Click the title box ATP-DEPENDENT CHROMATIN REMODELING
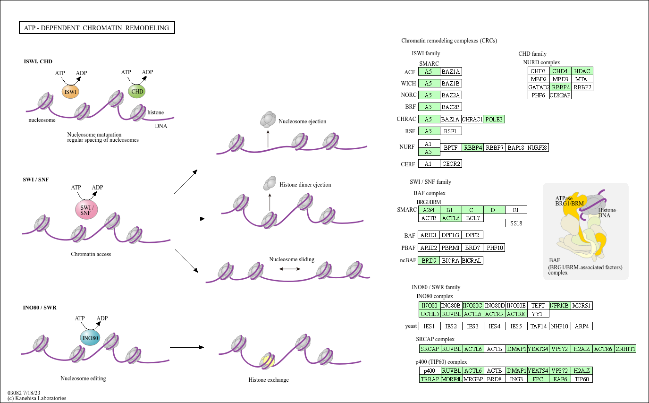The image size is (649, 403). click(96, 28)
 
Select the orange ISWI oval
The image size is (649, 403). click(70, 92)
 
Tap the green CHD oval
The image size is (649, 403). click(137, 91)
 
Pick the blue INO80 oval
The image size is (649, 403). click(90, 338)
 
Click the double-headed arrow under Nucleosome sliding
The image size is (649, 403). click(290, 268)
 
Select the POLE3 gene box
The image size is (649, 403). click(494, 119)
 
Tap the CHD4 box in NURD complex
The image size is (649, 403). click(560, 71)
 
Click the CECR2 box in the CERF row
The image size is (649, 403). click(451, 163)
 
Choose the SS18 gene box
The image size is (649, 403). click(516, 223)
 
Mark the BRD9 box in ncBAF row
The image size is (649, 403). click(429, 260)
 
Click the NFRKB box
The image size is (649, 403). click(560, 305)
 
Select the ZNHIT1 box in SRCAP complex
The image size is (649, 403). click(625, 349)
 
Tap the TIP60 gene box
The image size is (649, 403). click(582, 379)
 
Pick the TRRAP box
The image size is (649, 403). click(430, 379)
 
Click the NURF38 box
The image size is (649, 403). click(538, 147)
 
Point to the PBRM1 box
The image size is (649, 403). click(451, 248)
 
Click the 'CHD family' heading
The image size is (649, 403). click(532, 54)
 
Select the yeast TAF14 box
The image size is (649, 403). click(538, 326)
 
